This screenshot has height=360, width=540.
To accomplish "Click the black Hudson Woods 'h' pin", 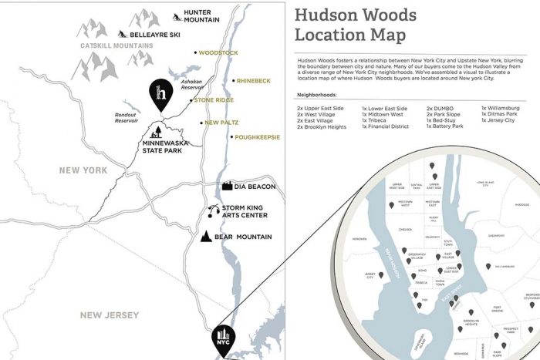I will (160, 95).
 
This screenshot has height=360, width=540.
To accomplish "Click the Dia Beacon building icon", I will (228, 186).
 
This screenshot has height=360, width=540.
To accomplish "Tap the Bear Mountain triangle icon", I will (207, 237).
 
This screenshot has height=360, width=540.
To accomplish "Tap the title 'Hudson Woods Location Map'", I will (356, 25).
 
